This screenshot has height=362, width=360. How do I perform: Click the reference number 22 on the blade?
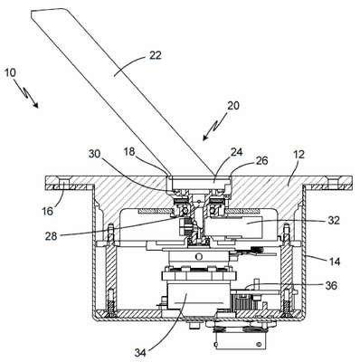coord(156,55)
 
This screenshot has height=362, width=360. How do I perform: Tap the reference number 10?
coord(11,73)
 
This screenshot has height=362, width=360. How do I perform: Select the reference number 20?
coord(233,105)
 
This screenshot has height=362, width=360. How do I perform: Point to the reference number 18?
coord(129,151)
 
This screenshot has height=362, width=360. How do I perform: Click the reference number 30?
coord(95,154)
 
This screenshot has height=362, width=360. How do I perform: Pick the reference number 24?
coord(236,152)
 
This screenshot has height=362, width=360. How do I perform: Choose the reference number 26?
coord(261,161)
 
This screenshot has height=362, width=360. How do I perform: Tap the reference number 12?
coord(298,155)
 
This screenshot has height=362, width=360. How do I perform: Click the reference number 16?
coord(47,211)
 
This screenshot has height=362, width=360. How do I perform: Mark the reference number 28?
coord(52,236)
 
